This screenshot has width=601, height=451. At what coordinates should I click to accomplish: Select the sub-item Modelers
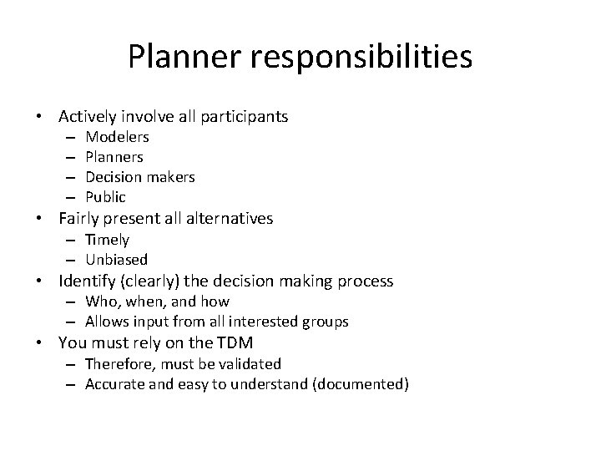coord(118,136)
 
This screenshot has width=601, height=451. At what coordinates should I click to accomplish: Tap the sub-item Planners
coord(114,156)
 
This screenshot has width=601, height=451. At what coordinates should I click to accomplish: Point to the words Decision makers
coord(140,176)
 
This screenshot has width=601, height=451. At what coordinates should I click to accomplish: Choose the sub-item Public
coord(106,197)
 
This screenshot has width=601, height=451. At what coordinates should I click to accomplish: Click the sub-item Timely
coord(107,240)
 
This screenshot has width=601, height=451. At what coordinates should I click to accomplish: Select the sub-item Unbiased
coord(116,260)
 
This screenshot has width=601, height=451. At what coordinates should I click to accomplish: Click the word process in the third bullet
coord(364,281)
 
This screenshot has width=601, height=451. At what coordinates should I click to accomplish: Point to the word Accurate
coord(113,384)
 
